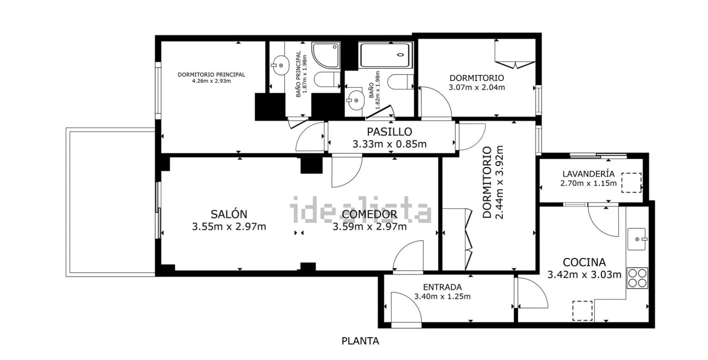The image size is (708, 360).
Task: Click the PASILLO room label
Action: (x=389, y=132)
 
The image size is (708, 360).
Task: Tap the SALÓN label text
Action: (x=229, y=214)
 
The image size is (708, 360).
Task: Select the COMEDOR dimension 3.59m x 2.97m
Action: (x=370, y=227)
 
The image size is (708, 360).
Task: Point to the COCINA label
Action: (x=584, y=262)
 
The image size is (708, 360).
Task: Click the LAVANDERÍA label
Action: (x=588, y=174)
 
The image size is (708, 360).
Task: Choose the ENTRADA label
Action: (x=442, y=287)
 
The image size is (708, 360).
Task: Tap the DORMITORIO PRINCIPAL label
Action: (x=211, y=75)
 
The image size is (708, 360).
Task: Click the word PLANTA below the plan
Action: (x=360, y=341)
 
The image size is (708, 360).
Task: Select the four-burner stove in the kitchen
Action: (x=637, y=278)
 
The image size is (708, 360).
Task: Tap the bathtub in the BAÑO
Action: (x=386, y=55)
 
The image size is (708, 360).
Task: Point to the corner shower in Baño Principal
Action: (x=326, y=55)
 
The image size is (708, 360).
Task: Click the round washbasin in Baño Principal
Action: (x=280, y=65)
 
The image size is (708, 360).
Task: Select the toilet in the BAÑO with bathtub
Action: (x=401, y=82)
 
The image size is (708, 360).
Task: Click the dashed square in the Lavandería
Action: (x=631, y=183)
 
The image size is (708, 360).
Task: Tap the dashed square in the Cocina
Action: (x=582, y=311)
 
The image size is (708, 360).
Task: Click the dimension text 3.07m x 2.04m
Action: (x=477, y=87)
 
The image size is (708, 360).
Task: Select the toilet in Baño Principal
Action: (x=327, y=79)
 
